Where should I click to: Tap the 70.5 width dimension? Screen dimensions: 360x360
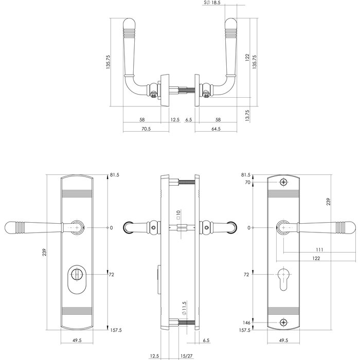tap(146, 129)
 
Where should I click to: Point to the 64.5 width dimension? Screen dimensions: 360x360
tap(216, 129)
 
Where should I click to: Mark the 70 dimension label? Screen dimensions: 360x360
tap(247, 183)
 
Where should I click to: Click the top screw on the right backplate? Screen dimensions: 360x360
tap(283, 183)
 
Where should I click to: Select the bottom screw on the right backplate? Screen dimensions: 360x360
tap(283, 322)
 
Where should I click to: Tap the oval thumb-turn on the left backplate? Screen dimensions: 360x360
tap(77, 275)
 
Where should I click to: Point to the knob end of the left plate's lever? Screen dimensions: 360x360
tap(11, 227)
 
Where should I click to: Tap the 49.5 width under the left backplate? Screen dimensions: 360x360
tap(77, 340)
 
